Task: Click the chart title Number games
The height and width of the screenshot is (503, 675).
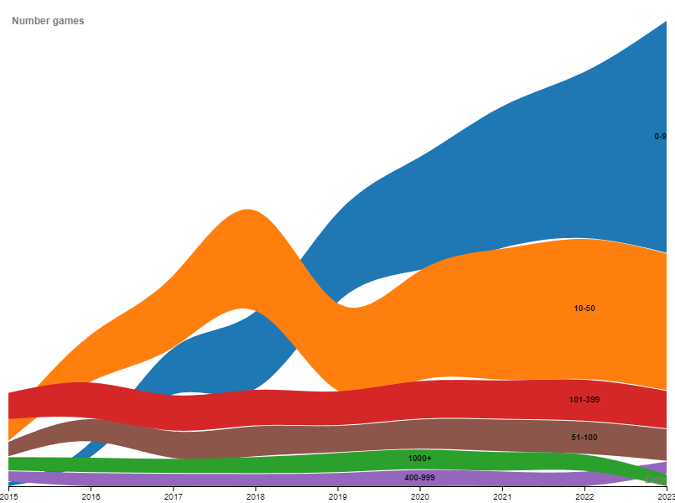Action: [x=48, y=21]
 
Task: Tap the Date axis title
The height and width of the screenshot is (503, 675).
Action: [x=654, y=480]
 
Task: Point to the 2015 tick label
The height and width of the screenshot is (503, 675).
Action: [x=8, y=497]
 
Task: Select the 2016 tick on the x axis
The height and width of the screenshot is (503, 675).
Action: [x=91, y=497]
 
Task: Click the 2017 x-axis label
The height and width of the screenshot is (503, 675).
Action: [x=173, y=497]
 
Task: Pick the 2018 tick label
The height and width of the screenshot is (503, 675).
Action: [x=255, y=497]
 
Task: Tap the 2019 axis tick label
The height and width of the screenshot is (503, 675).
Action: [x=337, y=497]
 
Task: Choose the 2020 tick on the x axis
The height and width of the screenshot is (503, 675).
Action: [x=419, y=497]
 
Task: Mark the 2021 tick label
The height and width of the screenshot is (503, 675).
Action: [x=501, y=497]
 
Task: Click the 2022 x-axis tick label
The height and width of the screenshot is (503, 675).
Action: [x=584, y=497]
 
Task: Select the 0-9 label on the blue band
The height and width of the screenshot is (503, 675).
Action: [x=660, y=136]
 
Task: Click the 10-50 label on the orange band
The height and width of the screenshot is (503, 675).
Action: [x=584, y=309]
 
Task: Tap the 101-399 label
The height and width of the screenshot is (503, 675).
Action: [x=584, y=400]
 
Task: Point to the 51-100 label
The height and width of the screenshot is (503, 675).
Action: [x=584, y=438]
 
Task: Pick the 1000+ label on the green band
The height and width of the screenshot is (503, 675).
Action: [x=419, y=459]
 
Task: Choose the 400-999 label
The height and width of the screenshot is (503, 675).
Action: [x=419, y=478]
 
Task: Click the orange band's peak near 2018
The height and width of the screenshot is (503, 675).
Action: [x=247, y=251]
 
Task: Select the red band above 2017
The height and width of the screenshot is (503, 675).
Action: [x=173, y=411]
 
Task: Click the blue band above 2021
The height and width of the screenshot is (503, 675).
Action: [x=501, y=176]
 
